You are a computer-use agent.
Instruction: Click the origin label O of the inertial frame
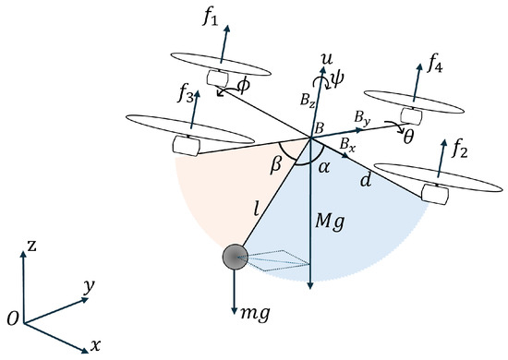pos(11,318)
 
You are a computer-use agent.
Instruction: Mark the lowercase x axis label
pos(94,345)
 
